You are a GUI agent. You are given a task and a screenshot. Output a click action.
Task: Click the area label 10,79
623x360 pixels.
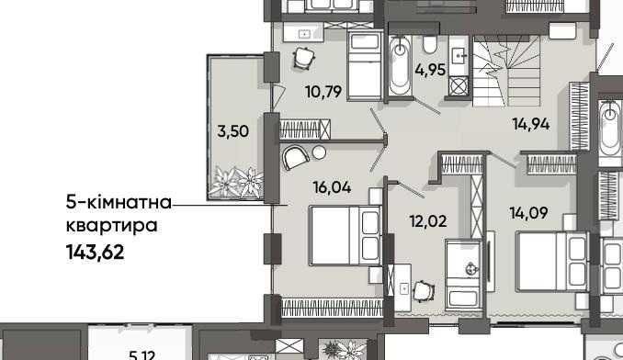323,92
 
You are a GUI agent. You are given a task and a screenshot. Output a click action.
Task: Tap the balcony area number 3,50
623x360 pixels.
233,131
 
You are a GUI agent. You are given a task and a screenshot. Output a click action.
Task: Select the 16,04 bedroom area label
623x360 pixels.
332,187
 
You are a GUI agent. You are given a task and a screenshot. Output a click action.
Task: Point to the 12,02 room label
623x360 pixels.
428,221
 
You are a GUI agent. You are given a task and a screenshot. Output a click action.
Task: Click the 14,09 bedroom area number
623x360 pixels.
529,213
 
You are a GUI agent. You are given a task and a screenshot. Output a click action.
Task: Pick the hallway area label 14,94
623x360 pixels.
531,124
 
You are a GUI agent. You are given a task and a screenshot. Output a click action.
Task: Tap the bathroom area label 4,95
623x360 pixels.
430,70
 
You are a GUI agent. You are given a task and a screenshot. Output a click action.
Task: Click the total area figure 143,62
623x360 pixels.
95,252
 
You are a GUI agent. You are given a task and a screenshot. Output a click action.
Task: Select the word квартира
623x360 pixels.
112,226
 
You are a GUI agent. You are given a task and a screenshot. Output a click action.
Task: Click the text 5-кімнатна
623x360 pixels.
119,202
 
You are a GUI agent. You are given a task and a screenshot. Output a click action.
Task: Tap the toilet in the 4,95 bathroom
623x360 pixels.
429,44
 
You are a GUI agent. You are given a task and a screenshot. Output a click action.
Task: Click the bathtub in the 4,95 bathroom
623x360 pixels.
400,65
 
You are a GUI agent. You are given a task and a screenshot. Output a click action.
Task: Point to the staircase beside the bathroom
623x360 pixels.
506,71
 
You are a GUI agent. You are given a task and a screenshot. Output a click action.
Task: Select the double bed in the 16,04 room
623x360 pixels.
345,235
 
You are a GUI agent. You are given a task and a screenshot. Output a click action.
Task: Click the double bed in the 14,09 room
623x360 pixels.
552,262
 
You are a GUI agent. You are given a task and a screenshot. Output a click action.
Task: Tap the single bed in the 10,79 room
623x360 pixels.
365,66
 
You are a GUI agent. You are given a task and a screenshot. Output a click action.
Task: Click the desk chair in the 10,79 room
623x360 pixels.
304,59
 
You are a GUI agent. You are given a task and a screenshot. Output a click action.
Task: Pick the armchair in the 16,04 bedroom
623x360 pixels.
295,158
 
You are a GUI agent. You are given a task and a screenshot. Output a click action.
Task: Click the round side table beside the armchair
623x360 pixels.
319,152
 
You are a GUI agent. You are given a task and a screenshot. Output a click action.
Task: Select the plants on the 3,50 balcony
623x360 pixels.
237,182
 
